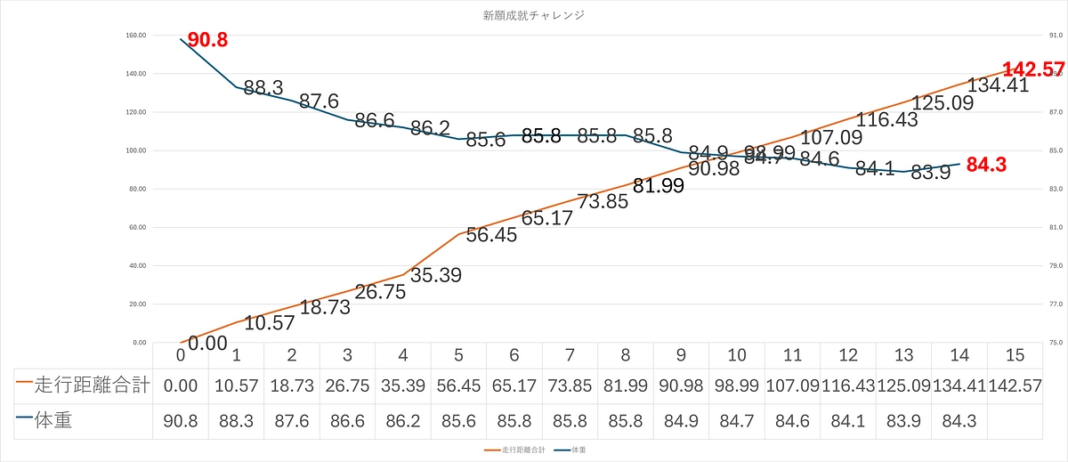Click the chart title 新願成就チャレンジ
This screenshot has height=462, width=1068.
(x=533, y=15)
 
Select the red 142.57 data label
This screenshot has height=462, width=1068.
(x=1033, y=69)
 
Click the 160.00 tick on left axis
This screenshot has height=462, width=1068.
(x=137, y=36)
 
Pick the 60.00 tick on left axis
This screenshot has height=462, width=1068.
(x=139, y=228)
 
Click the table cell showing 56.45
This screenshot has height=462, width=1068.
(x=458, y=386)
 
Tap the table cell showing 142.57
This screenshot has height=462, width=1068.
(x=1015, y=386)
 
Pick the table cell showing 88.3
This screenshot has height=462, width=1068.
(x=236, y=421)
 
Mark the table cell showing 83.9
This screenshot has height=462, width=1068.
(x=903, y=421)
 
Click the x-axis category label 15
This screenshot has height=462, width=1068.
(x=1015, y=355)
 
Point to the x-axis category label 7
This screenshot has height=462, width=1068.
(x=570, y=355)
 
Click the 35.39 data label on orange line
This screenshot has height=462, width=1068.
(x=436, y=275)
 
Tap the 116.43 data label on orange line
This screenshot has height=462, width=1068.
(x=888, y=120)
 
